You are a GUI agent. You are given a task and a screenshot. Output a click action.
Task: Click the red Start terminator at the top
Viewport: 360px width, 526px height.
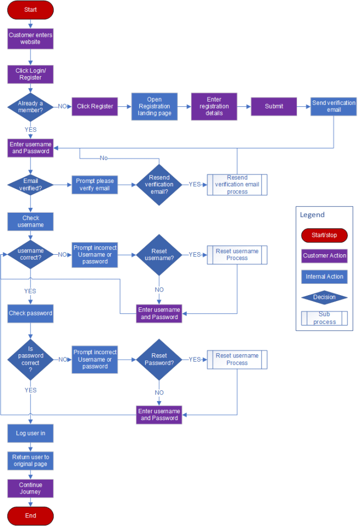[30, 10]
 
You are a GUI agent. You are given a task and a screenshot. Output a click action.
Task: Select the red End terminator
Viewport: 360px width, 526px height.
[30, 515]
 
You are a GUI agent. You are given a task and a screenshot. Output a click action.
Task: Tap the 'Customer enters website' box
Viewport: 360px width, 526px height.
[30, 38]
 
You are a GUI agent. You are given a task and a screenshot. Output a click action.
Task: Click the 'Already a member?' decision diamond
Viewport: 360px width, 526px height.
[30, 106]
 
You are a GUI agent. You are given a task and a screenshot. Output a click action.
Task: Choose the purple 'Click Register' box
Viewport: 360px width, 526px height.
[95, 106]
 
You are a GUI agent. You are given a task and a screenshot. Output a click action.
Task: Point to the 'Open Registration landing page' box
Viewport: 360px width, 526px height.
[154, 106]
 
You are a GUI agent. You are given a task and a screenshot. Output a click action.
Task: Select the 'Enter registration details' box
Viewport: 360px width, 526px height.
[214, 106]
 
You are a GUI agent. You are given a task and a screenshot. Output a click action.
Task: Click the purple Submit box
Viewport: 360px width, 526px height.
[274, 106]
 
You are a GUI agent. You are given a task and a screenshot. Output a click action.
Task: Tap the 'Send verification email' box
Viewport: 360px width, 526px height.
[334, 106]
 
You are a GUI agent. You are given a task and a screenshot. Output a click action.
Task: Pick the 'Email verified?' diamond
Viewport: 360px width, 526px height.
[30, 185]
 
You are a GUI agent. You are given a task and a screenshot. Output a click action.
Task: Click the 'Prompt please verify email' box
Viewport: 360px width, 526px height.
[95, 185]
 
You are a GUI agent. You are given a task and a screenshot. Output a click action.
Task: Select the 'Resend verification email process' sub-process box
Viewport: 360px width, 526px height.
[237, 185]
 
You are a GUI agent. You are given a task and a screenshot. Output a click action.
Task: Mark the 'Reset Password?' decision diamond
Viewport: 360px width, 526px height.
[159, 360]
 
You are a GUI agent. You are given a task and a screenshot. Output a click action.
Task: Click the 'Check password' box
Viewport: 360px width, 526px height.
[30, 313]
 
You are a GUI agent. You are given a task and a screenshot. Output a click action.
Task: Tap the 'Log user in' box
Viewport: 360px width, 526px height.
[30, 433]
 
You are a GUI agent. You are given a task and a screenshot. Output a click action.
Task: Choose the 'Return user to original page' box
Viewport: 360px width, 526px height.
[30, 461]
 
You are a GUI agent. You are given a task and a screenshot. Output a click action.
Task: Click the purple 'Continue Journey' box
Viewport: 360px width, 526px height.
[30, 488]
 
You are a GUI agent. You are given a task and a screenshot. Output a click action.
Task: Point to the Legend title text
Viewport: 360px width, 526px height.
[312, 215]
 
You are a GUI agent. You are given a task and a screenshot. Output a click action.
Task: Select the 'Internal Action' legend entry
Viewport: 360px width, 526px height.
[324, 277]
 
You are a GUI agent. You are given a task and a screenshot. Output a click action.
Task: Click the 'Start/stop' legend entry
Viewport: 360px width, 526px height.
[324, 235]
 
